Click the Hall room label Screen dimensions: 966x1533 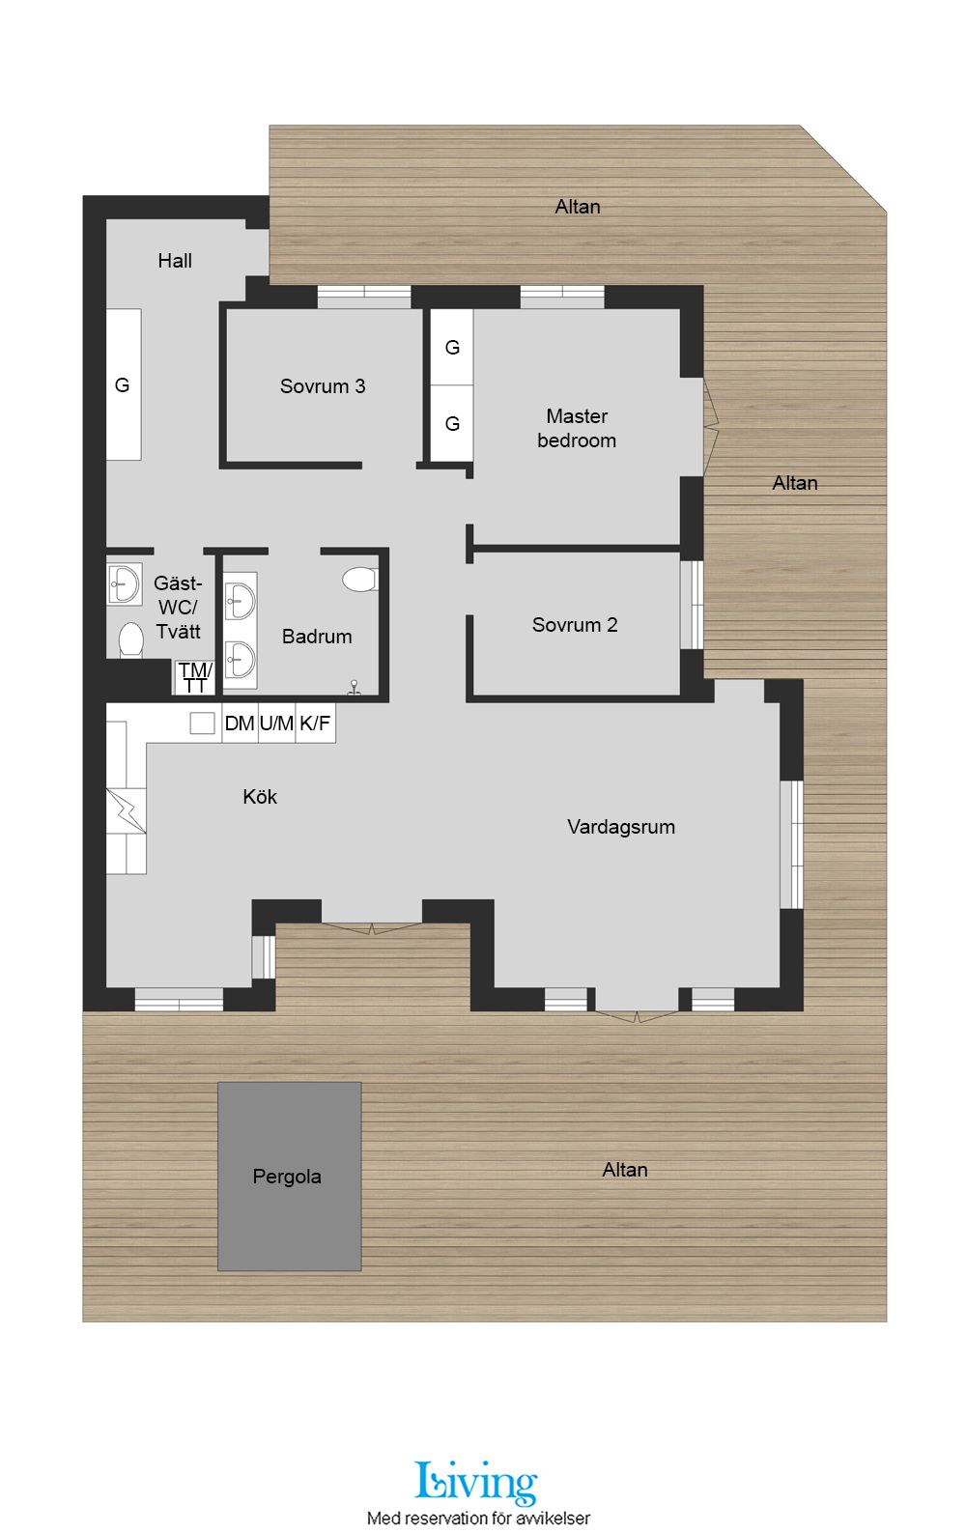[x=175, y=261]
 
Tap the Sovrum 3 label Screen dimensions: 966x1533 [x=323, y=386]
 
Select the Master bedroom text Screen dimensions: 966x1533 [x=577, y=429]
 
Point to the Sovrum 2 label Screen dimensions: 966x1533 [x=575, y=625]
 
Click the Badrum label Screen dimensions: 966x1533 [x=317, y=637]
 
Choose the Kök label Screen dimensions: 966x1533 [x=260, y=797]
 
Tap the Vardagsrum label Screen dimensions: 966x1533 [x=621, y=827]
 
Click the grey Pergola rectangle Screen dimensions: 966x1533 [x=290, y=1177]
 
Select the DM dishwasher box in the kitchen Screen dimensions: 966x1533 [x=240, y=723]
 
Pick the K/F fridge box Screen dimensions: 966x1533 [x=316, y=723]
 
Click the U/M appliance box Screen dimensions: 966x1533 [x=276, y=723]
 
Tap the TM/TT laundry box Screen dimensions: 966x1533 [x=195, y=677]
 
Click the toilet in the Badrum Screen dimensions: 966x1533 [x=360, y=579]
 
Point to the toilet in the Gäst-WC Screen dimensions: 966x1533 [x=130, y=639]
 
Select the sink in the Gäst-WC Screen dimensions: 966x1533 [x=124, y=583]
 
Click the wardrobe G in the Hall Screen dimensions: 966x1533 [x=124, y=384]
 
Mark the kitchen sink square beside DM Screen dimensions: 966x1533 [x=202, y=723]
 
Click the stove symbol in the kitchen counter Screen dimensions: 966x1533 [x=126, y=810]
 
